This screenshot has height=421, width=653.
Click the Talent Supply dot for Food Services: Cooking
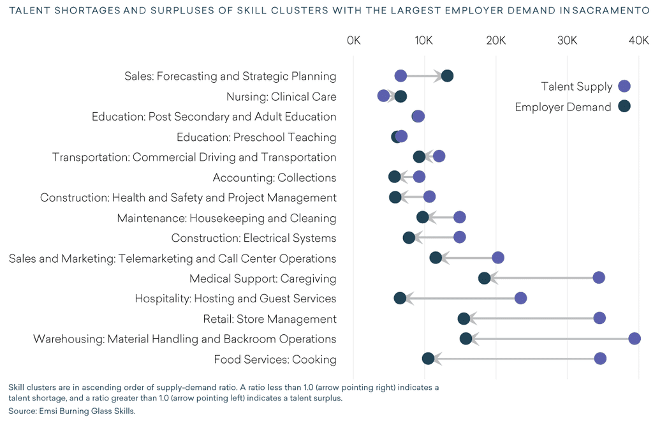600,358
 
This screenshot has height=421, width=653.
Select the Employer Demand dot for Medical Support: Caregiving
485,278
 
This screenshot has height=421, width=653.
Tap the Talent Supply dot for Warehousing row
635,339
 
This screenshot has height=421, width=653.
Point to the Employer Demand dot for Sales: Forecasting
447,76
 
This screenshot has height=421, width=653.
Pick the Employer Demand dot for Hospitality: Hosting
400,298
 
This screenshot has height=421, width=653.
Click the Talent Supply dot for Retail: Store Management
599,318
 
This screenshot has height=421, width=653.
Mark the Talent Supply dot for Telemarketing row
498,258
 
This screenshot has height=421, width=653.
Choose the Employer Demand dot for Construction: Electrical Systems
409,238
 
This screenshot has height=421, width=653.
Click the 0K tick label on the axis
353,41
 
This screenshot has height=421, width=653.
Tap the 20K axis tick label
495,41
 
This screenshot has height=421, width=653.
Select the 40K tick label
638,41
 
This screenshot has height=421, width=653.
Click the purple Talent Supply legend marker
624,86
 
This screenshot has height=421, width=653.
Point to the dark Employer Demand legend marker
624,107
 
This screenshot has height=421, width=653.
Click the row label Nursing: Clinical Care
281,97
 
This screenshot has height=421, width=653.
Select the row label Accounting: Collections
274,177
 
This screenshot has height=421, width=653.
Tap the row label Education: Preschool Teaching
256,137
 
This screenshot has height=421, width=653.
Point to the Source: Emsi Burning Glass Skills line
72,411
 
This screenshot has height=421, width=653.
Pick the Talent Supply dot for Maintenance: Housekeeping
459,218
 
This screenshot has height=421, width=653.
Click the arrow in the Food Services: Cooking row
510,359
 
